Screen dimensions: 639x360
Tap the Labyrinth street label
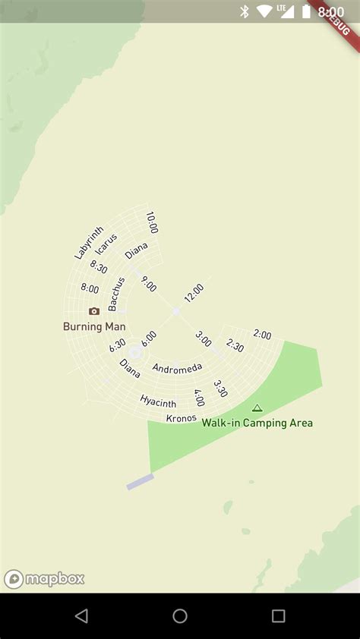89,243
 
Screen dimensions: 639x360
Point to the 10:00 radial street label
152,222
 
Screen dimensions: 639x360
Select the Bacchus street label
116,294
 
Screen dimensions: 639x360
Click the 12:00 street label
193,293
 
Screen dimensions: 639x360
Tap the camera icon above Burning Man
94,311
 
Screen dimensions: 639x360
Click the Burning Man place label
94,326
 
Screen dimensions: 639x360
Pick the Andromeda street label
177,368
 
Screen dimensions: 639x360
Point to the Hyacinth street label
158,401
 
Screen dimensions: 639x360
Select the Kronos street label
182,418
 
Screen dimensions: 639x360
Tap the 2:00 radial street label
262,335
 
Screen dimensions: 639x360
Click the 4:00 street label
199,398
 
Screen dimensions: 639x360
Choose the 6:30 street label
117,345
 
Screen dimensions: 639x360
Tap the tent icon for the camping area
257,408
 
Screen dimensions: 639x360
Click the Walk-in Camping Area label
257,423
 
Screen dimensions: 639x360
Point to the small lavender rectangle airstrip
141,482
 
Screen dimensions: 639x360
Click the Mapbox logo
44,580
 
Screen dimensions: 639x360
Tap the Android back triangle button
81,616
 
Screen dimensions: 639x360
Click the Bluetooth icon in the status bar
245,11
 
